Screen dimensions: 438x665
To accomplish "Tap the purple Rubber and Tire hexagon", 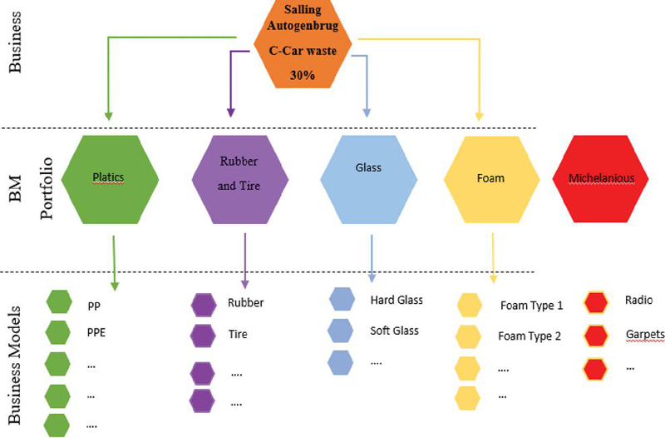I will [x=239, y=178].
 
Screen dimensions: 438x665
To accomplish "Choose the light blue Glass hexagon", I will [x=367, y=178].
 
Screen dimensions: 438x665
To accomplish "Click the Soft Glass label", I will [x=395, y=330].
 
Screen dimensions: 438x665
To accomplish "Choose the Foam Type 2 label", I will [x=530, y=336].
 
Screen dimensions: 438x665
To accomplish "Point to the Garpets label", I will [x=645, y=335].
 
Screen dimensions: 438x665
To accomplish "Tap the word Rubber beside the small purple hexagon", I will [x=245, y=303].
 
